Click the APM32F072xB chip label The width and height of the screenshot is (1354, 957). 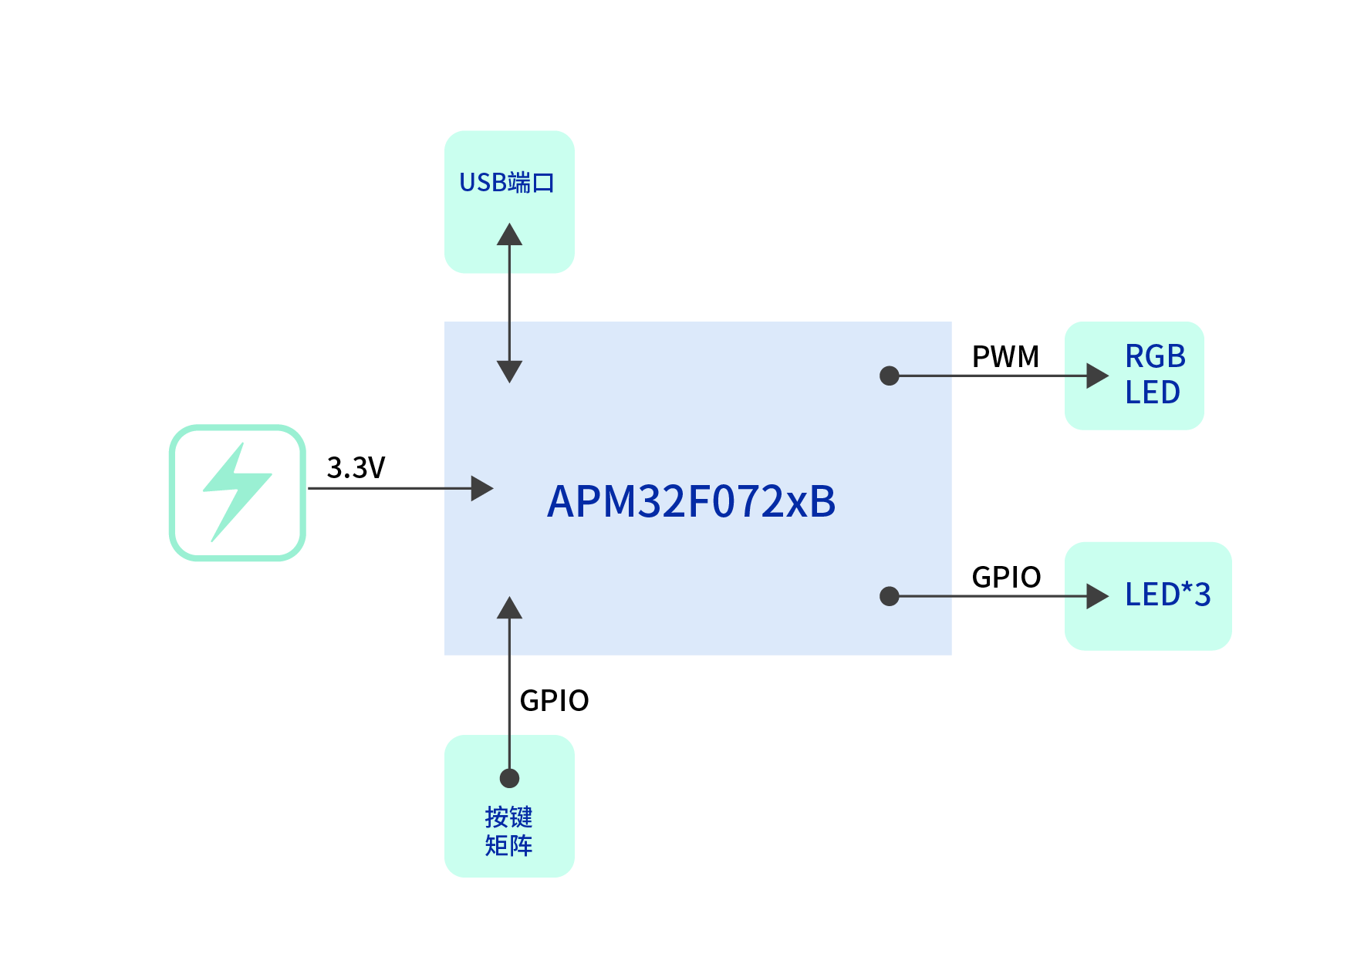(x=691, y=501)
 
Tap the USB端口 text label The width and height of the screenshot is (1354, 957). (x=507, y=183)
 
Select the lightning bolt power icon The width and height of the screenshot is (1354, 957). (x=238, y=492)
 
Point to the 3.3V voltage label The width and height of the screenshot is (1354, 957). (x=356, y=468)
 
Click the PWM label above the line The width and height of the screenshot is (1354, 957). (x=1005, y=357)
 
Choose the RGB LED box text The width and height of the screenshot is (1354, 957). (x=1154, y=375)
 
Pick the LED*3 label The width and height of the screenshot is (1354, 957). (x=1167, y=595)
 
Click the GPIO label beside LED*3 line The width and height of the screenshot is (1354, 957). (x=1006, y=578)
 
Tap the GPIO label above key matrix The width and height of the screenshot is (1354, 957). (x=554, y=701)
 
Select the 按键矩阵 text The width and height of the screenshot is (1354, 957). (x=508, y=831)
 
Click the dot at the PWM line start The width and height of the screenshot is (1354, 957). (x=890, y=376)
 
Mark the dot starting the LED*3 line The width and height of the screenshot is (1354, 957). (x=890, y=596)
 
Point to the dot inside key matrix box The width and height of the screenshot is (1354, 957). (x=509, y=778)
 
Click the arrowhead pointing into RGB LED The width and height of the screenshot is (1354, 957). (x=1096, y=376)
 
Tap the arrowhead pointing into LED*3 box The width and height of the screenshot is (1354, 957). (x=1096, y=596)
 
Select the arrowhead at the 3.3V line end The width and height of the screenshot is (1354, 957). (x=481, y=488)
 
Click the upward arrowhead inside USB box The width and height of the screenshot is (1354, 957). (x=509, y=234)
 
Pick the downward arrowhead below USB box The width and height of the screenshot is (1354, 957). (x=509, y=371)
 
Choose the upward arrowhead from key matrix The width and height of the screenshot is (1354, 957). (x=509, y=608)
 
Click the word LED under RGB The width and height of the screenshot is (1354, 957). (x=1153, y=393)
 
